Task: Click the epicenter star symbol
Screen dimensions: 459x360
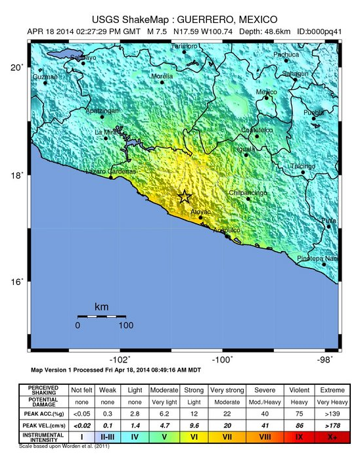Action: click(x=185, y=196)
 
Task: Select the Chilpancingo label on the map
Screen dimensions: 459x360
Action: click(x=248, y=192)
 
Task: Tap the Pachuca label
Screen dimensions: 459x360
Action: click(x=286, y=55)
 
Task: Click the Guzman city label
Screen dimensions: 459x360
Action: click(x=45, y=77)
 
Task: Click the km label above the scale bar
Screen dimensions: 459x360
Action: click(x=101, y=307)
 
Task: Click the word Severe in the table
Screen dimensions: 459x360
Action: click(x=263, y=389)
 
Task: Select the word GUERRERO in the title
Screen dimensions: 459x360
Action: click(x=208, y=18)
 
